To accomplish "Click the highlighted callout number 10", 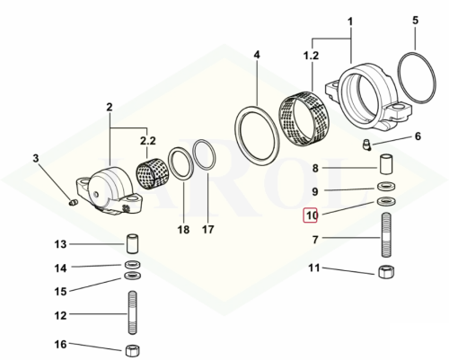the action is point(310,215).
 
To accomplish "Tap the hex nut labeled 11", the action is point(386,272).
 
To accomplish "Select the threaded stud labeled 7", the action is point(386,234).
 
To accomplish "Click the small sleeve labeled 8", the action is point(386,163).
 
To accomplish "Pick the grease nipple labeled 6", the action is point(366,145).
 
